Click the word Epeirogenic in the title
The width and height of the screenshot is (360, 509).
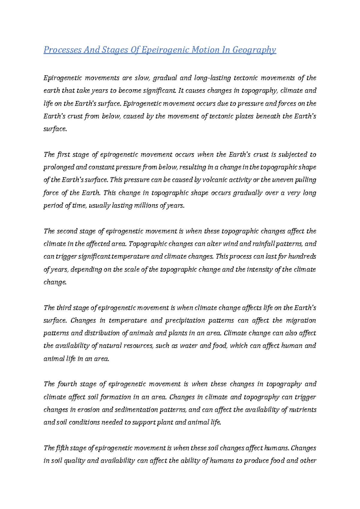click(165, 50)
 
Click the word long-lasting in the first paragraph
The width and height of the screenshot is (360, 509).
click(212, 78)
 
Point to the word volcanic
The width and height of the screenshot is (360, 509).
click(216, 180)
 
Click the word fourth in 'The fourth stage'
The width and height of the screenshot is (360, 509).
click(67, 384)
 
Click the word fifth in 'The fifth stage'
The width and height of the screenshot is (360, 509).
click(62, 448)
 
